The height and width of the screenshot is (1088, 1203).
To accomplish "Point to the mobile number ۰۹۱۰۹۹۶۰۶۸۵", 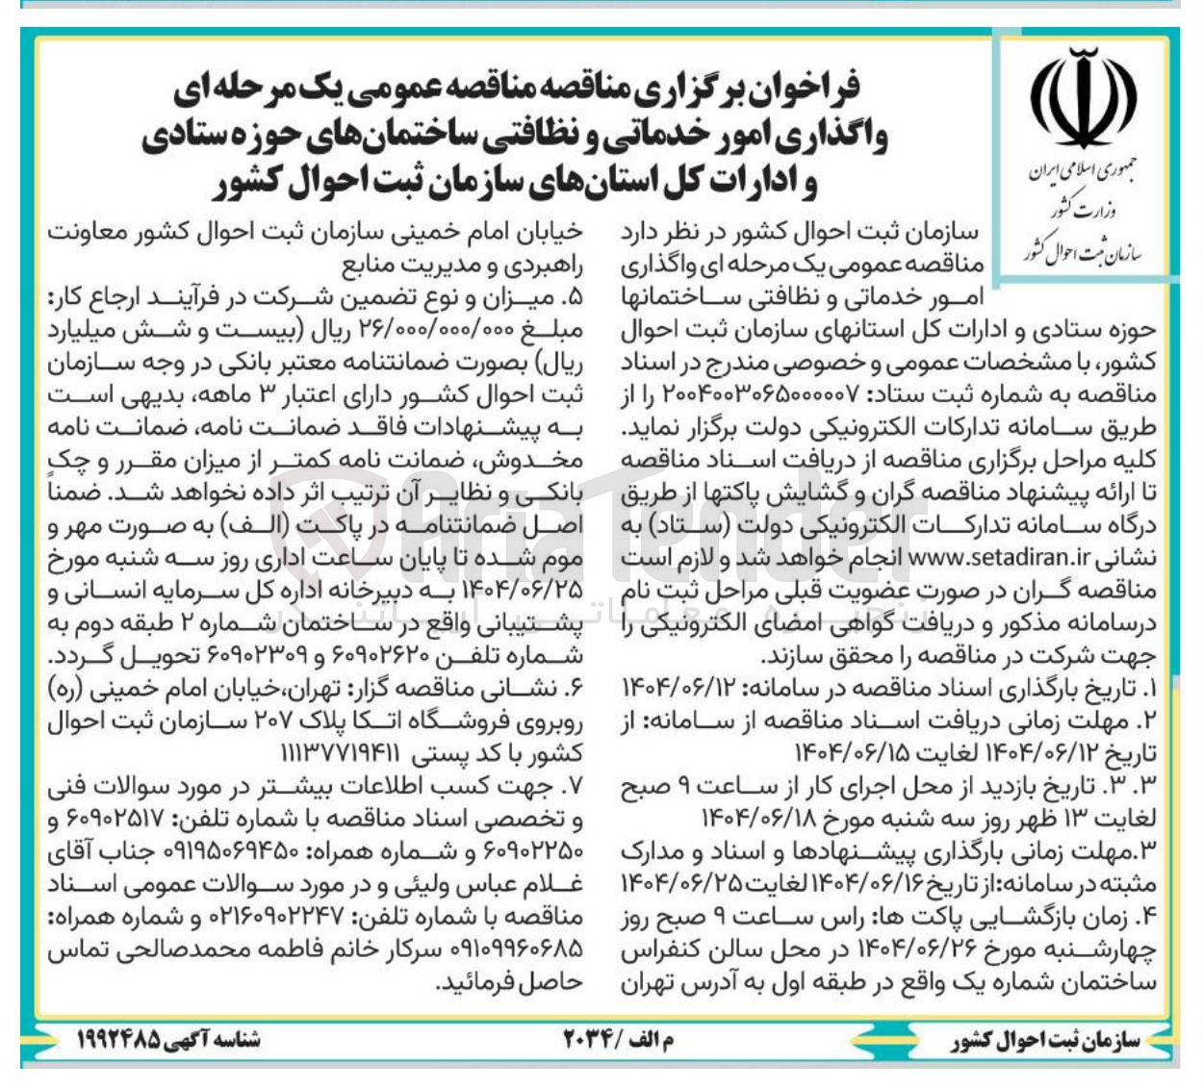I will point(108,949).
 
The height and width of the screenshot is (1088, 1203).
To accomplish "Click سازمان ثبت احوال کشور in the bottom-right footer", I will point(1045,1041).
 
